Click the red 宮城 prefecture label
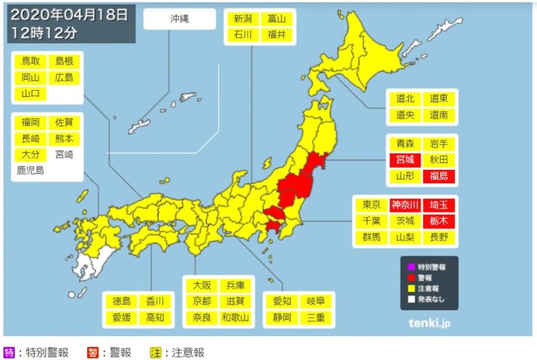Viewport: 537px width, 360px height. coord(405,160)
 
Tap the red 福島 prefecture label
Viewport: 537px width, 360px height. coord(439,177)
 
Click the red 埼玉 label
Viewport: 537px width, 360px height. coord(439,205)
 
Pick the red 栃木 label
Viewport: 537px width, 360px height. coord(439,221)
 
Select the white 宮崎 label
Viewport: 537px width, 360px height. coord(64,154)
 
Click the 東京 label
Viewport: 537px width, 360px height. coord(372,205)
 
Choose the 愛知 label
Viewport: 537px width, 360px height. coord(283,300)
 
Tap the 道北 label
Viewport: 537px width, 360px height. coord(405,99)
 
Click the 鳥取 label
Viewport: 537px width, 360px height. coord(30,61)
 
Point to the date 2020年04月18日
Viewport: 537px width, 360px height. coord(64,14)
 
